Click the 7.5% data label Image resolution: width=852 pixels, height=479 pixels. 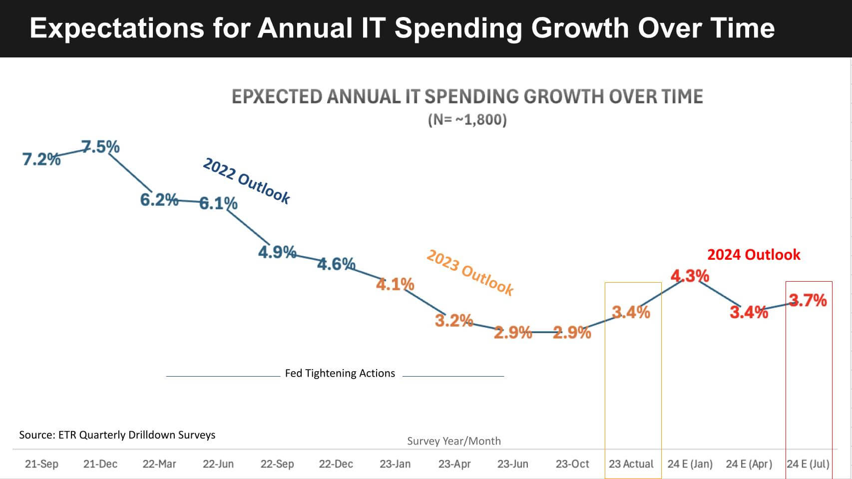click(x=100, y=147)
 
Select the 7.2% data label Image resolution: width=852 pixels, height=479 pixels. click(x=41, y=159)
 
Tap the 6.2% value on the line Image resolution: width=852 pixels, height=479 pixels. click(x=159, y=200)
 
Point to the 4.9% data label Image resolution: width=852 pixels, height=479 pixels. click(x=277, y=252)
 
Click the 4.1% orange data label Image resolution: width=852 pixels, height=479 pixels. click(x=395, y=285)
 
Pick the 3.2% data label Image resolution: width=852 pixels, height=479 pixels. click(x=453, y=320)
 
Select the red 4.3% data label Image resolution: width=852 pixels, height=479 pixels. click(x=690, y=276)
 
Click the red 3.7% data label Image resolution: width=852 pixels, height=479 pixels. click(x=808, y=300)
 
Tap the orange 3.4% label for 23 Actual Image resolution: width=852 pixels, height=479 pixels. click(x=631, y=313)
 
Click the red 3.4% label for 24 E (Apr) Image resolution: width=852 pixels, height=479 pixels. click(x=749, y=312)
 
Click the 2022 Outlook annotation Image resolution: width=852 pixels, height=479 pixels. click(x=246, y=181)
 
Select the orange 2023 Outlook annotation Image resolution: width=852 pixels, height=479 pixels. click(x=469, y=273)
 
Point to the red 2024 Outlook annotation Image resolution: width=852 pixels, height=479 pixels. click(x=754, y=255)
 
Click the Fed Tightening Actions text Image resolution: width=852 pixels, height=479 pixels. click(x=340, y=373)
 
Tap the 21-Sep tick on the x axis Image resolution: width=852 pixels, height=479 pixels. click(x=41, y=464)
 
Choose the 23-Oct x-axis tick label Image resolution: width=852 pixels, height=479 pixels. click(x=572, y=464)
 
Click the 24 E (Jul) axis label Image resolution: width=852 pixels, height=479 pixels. click(x=808, y=464)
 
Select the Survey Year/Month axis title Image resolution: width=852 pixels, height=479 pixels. click(x=453, y=441)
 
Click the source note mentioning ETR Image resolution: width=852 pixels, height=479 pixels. click(x=117, y=435)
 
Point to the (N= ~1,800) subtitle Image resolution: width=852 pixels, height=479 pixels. click(x=467, y=120)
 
